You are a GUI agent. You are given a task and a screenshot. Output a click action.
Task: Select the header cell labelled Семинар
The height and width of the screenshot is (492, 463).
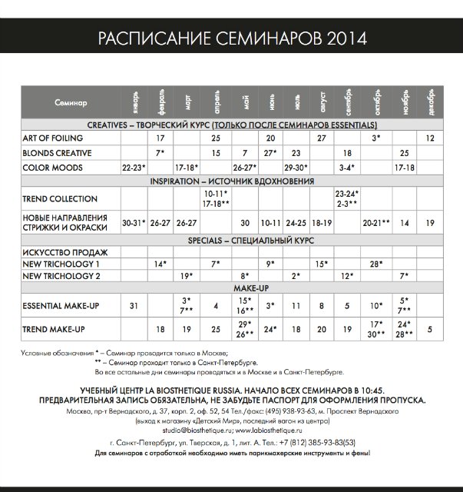71,102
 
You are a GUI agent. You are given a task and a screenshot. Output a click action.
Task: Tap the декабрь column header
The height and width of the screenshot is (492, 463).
430,102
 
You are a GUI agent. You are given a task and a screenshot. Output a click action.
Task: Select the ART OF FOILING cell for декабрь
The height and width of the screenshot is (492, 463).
430,138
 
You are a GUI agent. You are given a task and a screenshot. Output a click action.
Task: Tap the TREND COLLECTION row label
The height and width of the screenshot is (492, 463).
59,199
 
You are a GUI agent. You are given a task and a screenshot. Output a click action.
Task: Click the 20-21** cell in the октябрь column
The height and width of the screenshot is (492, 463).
375,222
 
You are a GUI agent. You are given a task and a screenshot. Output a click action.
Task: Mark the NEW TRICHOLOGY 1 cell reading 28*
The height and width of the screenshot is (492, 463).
375,264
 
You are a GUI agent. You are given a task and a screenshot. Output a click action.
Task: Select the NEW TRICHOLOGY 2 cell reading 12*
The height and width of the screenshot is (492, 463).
347,275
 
